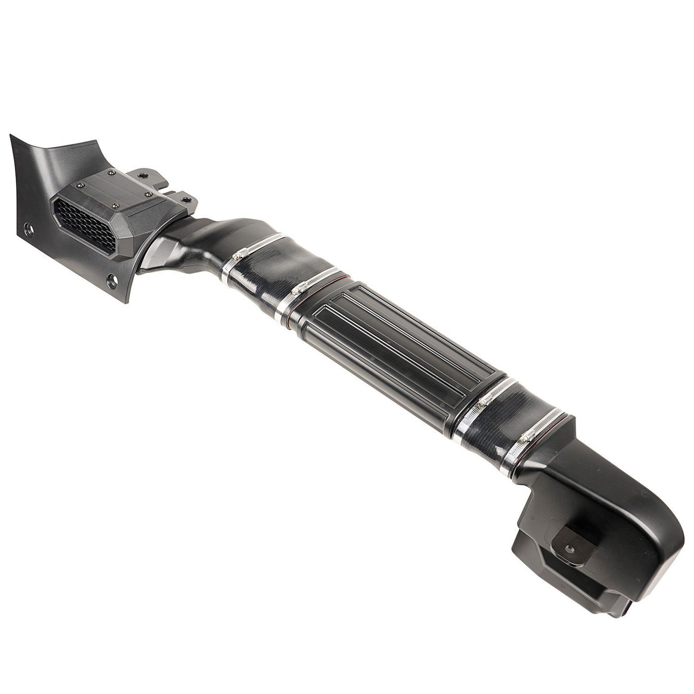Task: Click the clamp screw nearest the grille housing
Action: (241, 253)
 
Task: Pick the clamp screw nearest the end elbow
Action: (527, 437)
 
